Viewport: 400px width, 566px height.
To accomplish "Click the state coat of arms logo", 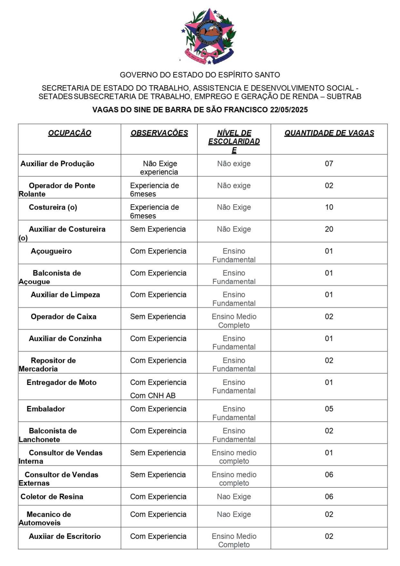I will [x=209, y=36].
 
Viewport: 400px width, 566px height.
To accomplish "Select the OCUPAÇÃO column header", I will [x=70, y=133].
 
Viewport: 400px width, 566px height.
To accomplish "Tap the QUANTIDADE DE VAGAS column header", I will [x=329, y=133].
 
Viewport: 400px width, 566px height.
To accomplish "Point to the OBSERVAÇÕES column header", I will [x=159, y=133].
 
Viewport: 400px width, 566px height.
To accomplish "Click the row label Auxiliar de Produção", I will [x=57, y=164].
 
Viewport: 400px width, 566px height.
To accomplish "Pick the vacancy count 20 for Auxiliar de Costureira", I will [x=329, y=229].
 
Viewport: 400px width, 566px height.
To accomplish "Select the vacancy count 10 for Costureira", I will [x=329, y=207].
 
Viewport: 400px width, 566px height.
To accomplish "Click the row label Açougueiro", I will [x=51, y=251].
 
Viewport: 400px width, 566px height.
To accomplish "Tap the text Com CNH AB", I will [x=153, y=395].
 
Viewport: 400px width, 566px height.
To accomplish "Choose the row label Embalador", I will [x=46, y=409].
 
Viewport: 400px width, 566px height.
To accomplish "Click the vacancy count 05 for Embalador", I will [x=329, y=409].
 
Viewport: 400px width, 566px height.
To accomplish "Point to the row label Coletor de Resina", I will [x=52, y=496].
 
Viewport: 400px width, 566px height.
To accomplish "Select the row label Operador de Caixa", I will [x=64, y=316].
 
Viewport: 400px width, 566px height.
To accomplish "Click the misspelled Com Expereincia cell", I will [x=158, y=431].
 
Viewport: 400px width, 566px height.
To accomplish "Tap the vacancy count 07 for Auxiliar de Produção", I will [x=329, y=164].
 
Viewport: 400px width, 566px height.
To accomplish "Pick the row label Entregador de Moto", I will [x=62, y=382].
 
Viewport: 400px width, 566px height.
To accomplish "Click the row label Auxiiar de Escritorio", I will [x=65, y=536].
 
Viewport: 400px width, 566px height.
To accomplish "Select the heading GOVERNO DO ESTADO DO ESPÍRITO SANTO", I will [x=200, y=75].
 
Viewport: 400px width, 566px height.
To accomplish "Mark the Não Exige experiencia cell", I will [x=159, y=168].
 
